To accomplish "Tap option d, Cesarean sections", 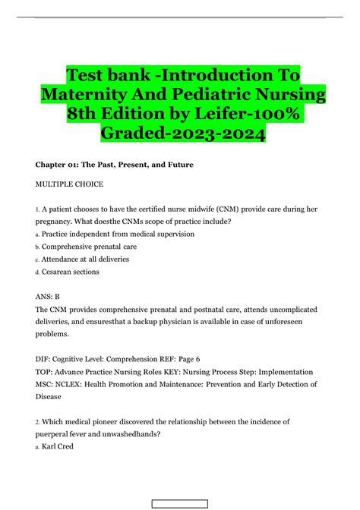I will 70,272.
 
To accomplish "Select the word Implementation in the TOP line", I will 286,372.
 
